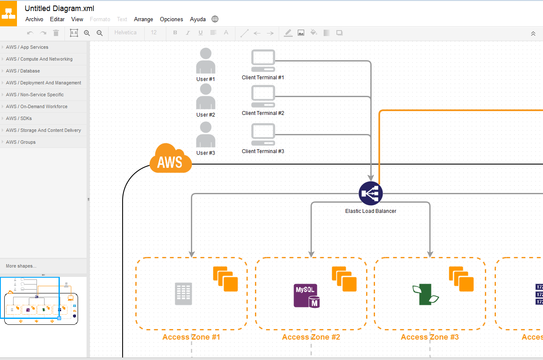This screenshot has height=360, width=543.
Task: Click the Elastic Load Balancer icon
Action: click(371, 193)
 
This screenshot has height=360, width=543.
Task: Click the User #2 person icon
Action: click(206, 97)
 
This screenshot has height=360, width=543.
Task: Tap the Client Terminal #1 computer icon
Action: click(263, 61)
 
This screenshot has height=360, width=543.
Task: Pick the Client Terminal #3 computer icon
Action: click(263, 134)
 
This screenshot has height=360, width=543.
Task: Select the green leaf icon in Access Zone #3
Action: click(425, 294)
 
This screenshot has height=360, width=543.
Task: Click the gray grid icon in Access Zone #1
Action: click(184, 294)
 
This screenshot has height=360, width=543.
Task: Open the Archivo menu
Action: click(34, 19)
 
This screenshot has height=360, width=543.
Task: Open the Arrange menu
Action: click(143, 19)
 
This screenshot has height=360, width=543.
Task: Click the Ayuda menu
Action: click(198, 19)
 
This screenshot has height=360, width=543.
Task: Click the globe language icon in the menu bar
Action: click(215, 19)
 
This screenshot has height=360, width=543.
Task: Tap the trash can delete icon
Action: click(56, 33)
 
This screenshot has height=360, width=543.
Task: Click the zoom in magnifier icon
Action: click(87, 33)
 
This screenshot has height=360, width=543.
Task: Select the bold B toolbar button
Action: click(175, 33)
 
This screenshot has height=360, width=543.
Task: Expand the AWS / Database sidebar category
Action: click(23, 71)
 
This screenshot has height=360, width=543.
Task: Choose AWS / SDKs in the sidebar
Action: click(19, 118)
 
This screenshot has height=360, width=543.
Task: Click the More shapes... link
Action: click(21, 266)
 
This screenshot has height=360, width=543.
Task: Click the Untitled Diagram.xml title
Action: click(59, 8)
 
